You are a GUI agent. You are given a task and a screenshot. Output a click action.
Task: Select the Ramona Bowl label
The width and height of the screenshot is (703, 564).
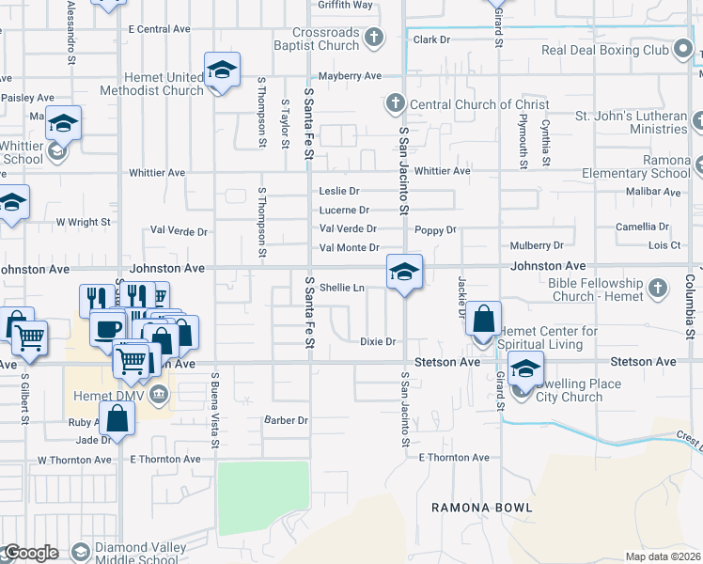pos(482,508)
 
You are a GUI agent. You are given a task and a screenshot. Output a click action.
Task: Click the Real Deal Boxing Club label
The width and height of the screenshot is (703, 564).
pos(604,49)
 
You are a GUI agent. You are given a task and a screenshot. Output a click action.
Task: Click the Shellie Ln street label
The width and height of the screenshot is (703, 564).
pos(342,288)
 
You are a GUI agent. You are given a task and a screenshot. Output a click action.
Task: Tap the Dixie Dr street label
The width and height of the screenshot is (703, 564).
pos(378,342)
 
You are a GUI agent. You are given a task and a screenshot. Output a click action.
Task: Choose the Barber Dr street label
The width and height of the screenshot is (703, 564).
pos(286,420)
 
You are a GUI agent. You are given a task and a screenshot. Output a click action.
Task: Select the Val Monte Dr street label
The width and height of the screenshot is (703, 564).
pos(350,248)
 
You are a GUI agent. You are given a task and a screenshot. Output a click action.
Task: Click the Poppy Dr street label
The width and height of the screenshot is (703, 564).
pos(435,229)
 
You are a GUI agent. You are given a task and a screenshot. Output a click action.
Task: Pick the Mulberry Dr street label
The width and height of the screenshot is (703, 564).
pos(532,245)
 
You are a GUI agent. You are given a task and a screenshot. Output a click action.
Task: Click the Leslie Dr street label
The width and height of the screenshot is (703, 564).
pos(339,191)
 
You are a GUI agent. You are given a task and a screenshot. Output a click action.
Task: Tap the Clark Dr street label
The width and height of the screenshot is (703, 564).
pos(432,40)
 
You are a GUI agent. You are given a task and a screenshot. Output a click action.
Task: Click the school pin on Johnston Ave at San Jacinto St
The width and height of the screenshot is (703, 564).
pos(404,272)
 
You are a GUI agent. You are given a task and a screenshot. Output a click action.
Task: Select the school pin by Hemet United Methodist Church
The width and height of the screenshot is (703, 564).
pos(222,70)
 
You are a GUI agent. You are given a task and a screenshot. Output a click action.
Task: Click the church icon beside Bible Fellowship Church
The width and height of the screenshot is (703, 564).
pos(659,286)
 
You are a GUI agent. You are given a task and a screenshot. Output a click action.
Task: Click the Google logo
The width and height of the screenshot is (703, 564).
pos(31,553)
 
